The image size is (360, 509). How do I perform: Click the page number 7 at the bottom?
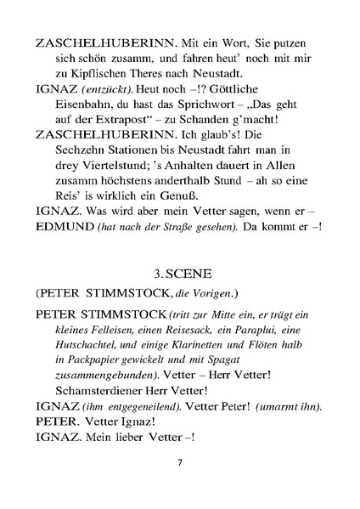coord(180,462)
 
